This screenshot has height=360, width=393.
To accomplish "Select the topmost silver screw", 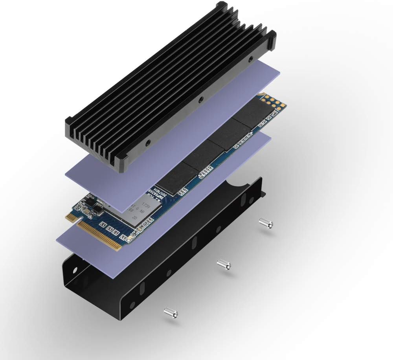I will point(266,223).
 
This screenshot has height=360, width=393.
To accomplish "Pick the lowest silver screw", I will point(171,312).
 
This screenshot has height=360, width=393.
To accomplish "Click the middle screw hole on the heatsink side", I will point(201,100).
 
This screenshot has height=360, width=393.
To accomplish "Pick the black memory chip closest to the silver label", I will point(173,175).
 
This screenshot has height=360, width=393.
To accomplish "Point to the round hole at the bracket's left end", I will point(74,271).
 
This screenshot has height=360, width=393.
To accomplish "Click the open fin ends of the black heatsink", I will point(96,141).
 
